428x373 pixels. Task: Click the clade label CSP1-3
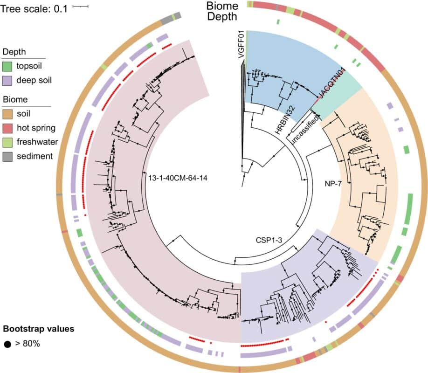[x=267, y=240]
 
